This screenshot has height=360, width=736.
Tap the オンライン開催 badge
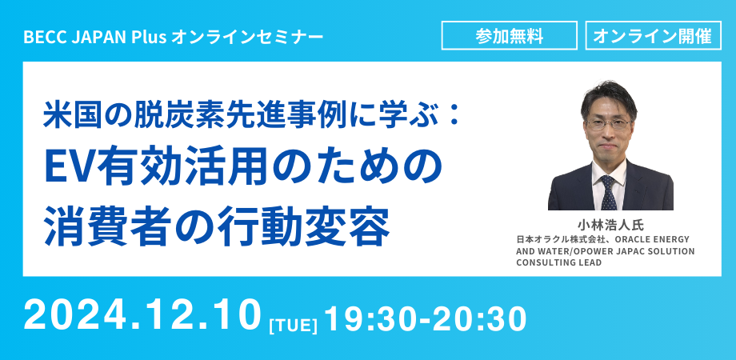point(654,36)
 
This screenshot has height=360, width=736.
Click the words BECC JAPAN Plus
point(95,37)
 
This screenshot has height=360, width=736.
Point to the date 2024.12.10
point(144,317)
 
